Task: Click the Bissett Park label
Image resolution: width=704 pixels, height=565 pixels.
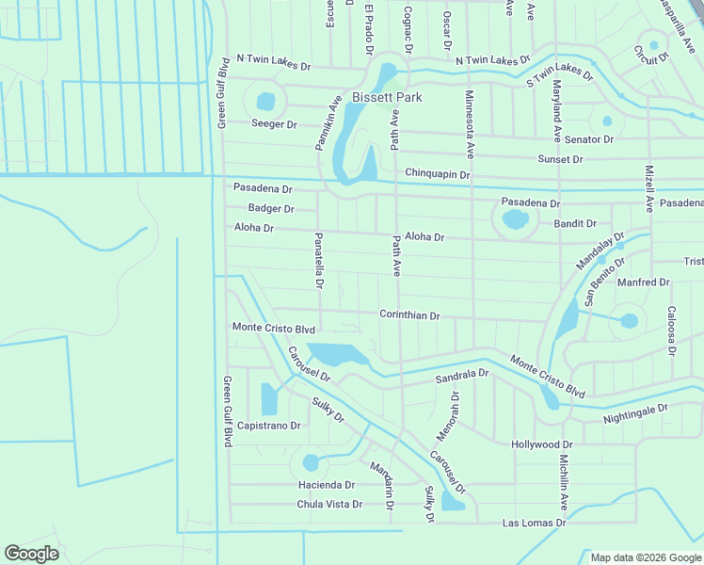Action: click(x=387, y=97)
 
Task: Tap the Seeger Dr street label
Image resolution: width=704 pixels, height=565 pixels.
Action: click(x=274, y=124)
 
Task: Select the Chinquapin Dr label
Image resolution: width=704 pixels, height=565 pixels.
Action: click(x=437, y=174)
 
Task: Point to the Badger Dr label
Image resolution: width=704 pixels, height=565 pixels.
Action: click(x=271, y=209)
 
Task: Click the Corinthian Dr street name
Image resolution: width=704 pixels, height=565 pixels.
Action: click(x=409, y=315)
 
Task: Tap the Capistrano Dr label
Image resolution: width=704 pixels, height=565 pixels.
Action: click(x=269, y=426)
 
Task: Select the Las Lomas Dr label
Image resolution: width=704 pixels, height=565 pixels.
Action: click(x=535, y=523)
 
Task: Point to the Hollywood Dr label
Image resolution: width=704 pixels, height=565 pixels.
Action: click(x=541, y=444)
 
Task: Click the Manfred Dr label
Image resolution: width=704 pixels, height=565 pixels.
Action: click(x=643, y=282)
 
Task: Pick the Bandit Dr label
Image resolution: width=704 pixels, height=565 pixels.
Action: click(x=575, y=224)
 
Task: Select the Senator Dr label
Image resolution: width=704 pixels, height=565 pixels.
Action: click(x=590, y=139)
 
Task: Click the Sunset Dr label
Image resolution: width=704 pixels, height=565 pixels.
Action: click(x=560, y=160)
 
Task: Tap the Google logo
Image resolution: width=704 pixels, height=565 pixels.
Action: click(x=31, y=554)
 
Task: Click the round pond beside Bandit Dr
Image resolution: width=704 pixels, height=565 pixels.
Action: click(x=514, y=221)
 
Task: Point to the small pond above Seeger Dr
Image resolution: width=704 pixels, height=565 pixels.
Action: click(x=266, y=100)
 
